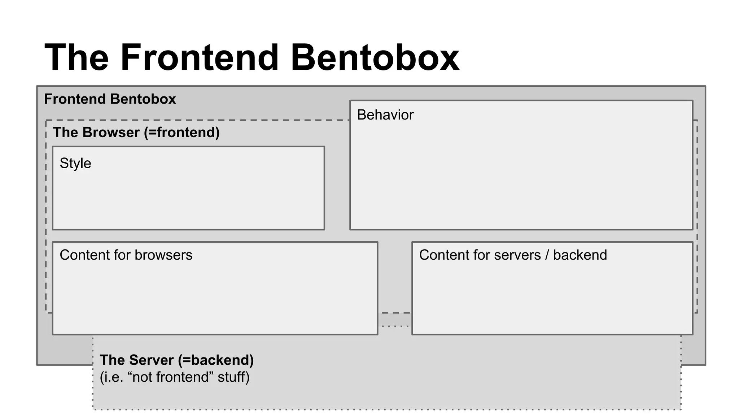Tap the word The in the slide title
pyautogui.click(x=76, y=58)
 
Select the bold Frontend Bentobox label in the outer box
pyautogui.click(x=110, y=99)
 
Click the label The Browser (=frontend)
pyautogui.click(x=136, y=133)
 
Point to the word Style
pyautogui.click(x=75, y=163)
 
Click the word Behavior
pyautogui.click(x=385, y=115)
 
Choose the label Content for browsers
pyautogui.click(x=126, y=255)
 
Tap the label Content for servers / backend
pyautogui.click(x=512, y=255)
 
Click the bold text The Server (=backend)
pyautogui.click(x=176, y=360)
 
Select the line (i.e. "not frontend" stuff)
pyautogui.click(x=174, y=377)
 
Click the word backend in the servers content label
pyautogui.click(x=580, y=255)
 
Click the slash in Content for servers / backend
pyautogui.click(x=547, y=255)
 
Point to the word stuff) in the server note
pyautogui.click(x=233, y=377)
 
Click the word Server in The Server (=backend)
pyautogui.click(x=152, y=360)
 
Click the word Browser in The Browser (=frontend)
pyautogui.click(x=111, y=133)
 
